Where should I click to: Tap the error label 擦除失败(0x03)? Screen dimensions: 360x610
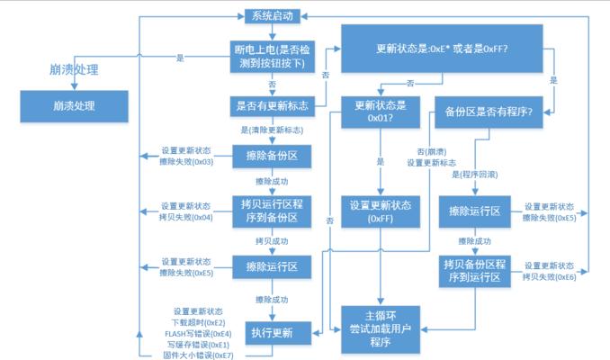click(x=185, y=162)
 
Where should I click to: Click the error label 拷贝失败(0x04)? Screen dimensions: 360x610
click(x=185, y=217)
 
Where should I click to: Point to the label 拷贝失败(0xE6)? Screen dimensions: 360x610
click(x=550, y=277)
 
